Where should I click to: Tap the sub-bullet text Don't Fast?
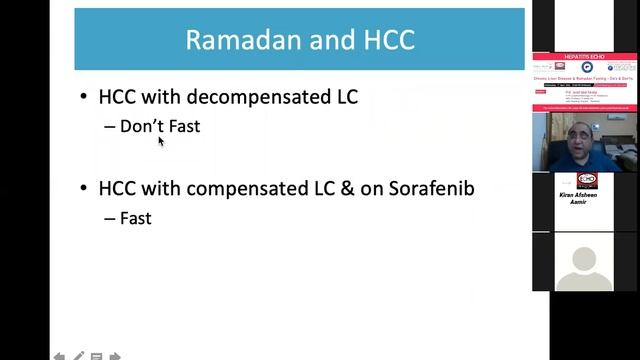159,126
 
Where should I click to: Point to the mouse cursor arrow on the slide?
160,141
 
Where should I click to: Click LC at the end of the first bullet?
344,97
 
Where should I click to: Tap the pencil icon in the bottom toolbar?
78,355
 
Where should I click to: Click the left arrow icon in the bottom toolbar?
59,355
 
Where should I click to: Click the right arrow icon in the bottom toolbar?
115,355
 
